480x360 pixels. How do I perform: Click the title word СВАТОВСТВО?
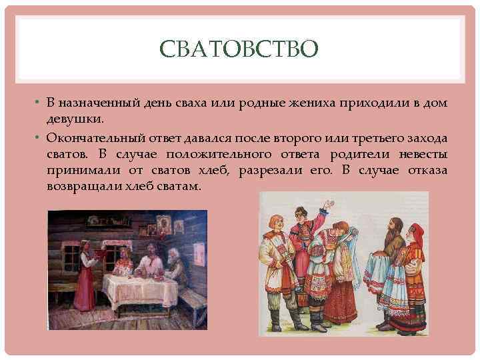click(240, 49)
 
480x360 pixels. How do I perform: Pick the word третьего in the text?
click(373, 137)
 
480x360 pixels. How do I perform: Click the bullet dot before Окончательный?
click(39, 137)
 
